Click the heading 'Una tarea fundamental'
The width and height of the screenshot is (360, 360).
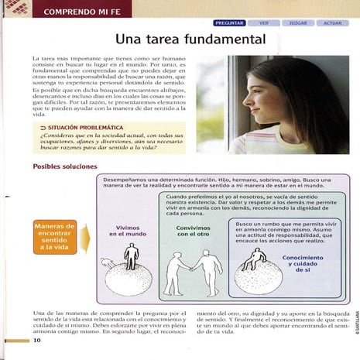[x=190, y=39]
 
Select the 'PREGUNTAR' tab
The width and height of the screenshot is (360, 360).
[x=229, y=23]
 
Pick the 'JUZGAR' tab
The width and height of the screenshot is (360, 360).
[x=298, y=23]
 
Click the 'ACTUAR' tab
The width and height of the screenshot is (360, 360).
[x=333, y=23]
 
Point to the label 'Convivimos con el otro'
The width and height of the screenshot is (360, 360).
[x=193, y=231]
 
